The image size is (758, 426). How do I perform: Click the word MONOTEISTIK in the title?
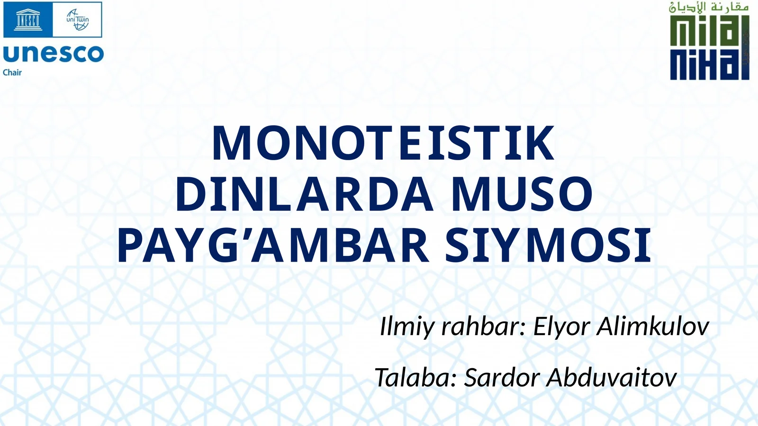point(383,144)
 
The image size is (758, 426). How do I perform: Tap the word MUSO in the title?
point(522,194)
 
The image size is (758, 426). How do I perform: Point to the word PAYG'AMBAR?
point(273,245)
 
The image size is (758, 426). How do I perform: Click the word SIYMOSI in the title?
point(548,245)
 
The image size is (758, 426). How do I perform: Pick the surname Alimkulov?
point(652,327)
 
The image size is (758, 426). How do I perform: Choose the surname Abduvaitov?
point(611,378)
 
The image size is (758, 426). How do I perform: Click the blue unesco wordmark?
point(53,54)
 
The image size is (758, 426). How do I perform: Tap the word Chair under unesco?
point(12,73)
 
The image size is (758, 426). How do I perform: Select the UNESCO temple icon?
point(28,20)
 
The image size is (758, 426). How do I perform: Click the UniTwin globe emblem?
point(77,20)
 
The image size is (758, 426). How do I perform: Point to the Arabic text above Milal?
point(709,7)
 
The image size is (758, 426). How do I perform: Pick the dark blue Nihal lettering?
point(709,63)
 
